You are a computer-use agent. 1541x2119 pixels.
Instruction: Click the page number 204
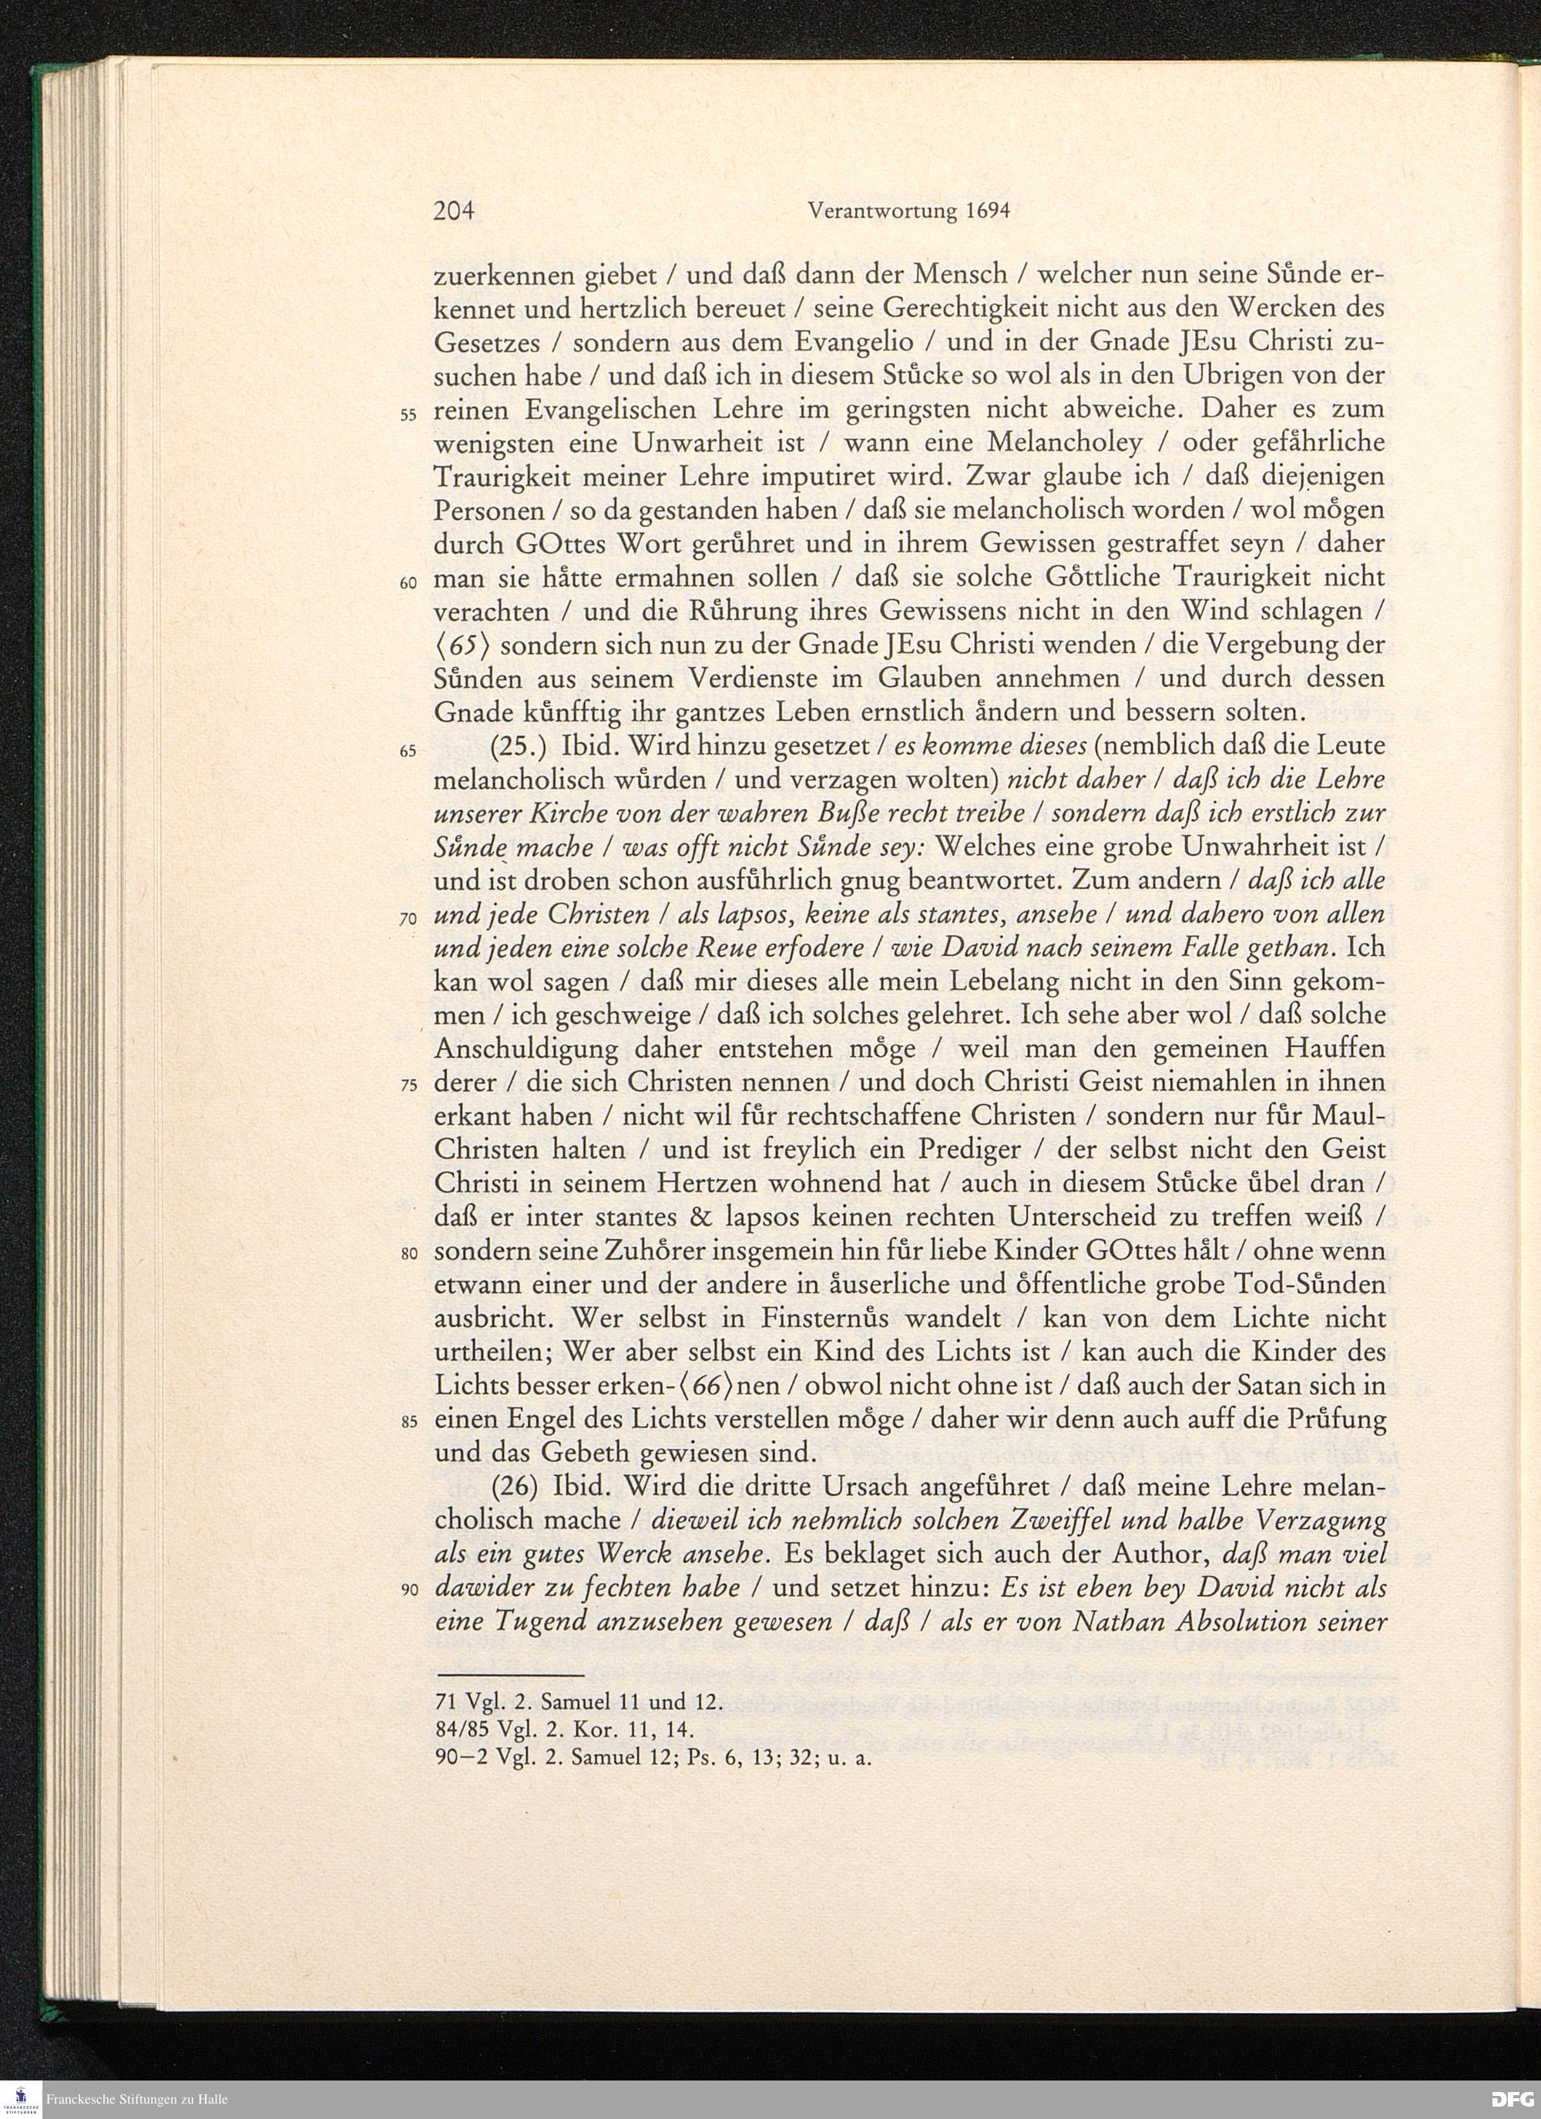(x=454, y=211)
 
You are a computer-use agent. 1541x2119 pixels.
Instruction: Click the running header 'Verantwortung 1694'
(x=908, y=211)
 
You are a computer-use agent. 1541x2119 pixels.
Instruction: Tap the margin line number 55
(x=408, y=415)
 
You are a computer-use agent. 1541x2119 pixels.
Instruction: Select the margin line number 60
(x=408, y=583)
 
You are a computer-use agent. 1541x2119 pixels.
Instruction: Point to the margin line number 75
(x=408, y=1088)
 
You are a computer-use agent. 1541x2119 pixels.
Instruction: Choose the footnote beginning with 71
(x=579, y=1702)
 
